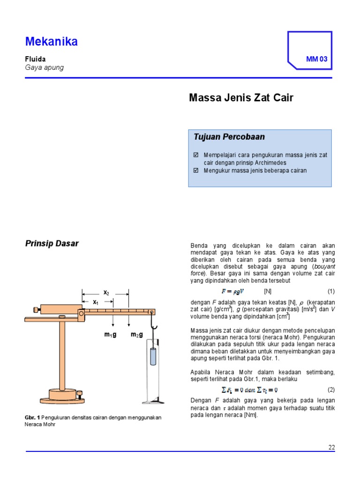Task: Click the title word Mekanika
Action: pyautogui.click(x=52, y=42)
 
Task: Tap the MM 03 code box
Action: pyautogui.click(x=317, y=59)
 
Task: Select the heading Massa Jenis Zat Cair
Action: pyautogui.click(x=241, y=98)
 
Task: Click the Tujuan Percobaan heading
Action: pyautogui.click(x=229, y=137)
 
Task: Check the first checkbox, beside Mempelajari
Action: pyautogui.click(x=196, y=155)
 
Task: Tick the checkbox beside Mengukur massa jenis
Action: pyautogui.click(x=196, y=171)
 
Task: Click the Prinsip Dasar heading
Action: pyautogui.click(x=52, y=243)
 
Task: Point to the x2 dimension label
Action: pyautogui.click(x=106, y=293)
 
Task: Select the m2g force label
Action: pyautogui.click(x=136, y=334)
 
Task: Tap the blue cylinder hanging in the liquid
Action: pyautogui.click(x=152, y=357)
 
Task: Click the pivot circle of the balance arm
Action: pyautogui.click(x=81, y=313)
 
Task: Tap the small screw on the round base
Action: pyautogui.click(x=80, y=392)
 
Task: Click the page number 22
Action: pyautogui.click(x=331, y=447)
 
